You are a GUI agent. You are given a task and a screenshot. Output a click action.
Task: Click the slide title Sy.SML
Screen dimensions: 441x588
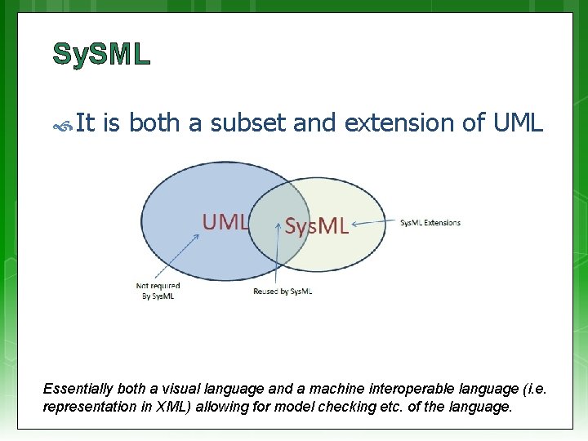tap(101, 54)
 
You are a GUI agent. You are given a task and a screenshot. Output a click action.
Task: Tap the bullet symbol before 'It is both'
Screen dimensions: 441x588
tap(64, 125)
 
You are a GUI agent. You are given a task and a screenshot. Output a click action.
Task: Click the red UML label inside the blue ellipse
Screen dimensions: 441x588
tap(225, 221)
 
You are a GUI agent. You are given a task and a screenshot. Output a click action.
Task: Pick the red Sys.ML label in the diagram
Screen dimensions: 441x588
tap(316, 226)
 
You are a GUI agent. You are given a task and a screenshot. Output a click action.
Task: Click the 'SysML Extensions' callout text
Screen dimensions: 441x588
tap(430, 223)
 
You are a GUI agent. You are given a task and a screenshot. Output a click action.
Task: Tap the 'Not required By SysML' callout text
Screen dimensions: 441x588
tap(158, 291)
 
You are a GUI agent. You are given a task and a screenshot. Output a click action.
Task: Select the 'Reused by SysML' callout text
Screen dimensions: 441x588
tap(283, 292)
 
